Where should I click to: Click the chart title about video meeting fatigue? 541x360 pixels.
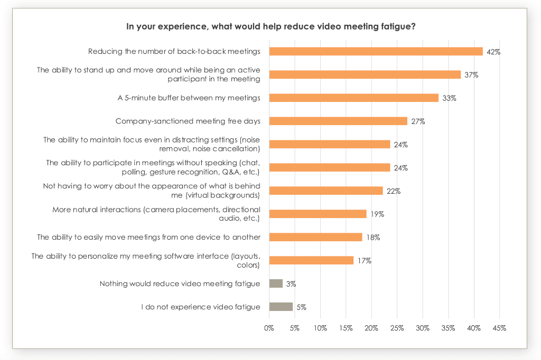point(270,26)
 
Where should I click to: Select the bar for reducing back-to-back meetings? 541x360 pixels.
point(376,51)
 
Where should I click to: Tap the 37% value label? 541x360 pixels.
point(471,75)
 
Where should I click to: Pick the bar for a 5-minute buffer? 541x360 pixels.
point(353,98)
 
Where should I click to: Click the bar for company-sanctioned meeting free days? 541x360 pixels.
point(338,121)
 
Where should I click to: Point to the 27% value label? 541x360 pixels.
point(418,121)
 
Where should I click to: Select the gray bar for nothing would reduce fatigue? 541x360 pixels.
point(276,283)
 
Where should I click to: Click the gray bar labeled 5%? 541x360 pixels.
point(281,307)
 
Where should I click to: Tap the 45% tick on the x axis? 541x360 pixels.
point(499,328)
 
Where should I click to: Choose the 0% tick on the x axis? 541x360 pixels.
point(269,328)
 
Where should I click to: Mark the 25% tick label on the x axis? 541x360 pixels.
point(397,328)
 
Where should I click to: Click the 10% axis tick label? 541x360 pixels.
point(320,328)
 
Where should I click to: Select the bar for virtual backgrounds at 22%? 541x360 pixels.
point(325,191)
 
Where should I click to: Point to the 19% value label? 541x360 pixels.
point(377,214)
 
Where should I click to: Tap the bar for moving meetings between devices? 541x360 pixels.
point(315,237)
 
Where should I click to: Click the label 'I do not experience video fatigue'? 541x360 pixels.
point(201,307)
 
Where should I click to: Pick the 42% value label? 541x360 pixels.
point(493,52)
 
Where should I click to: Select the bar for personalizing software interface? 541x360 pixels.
point(311,260)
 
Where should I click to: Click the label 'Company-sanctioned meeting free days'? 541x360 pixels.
point(188,121)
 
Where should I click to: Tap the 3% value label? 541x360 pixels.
point(291,284)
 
